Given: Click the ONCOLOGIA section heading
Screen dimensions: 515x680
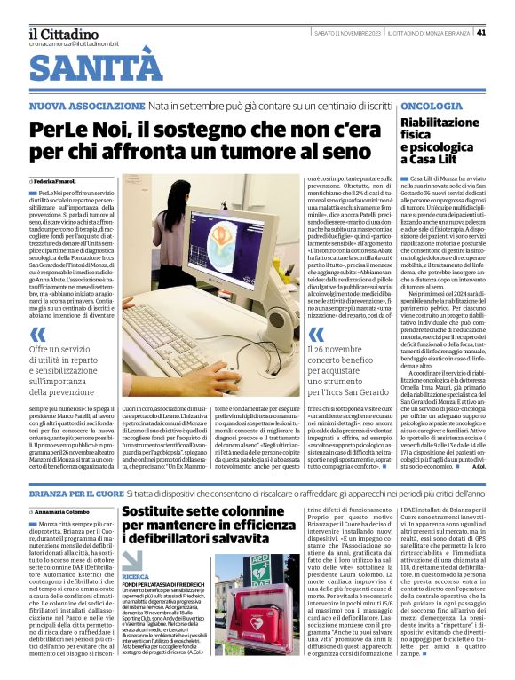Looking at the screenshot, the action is coord(431,106).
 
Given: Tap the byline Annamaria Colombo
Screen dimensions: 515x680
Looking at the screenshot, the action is coord(67,512).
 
